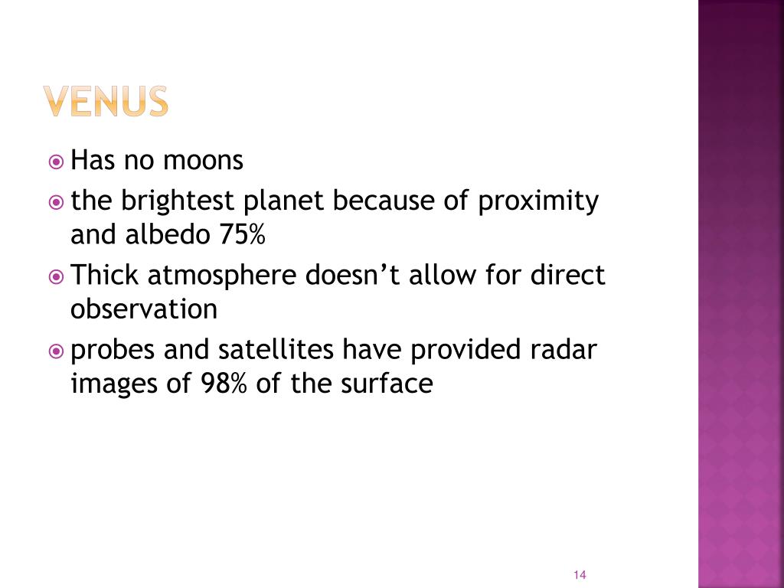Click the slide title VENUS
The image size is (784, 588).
click(106, 101)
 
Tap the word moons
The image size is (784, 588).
click(203, 161)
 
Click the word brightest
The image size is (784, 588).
click(177, 201)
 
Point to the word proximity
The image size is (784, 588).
click(538, 201)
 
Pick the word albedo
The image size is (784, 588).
click(167, 234)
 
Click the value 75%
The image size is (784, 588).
click(242, 234)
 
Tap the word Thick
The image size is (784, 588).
click(104, 275)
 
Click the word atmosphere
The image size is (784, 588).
click(222, 276)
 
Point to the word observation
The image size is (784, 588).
click(144, 309)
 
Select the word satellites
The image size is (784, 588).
click(276, 349)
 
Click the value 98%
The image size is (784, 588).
click(224, 384)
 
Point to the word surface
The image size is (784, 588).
click(387, 384)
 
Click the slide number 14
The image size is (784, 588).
click(580, 575)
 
